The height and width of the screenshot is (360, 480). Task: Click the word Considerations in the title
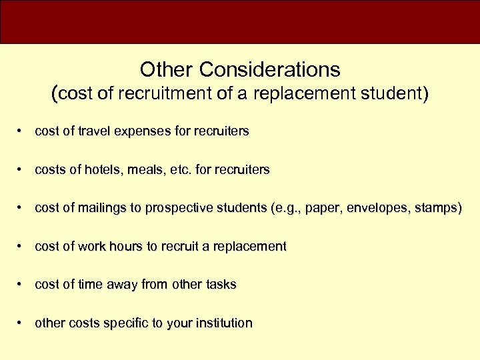269,69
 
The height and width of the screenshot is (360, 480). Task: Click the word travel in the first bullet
94,131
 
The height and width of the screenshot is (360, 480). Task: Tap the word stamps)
437,208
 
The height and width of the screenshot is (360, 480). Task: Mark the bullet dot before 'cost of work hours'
23,247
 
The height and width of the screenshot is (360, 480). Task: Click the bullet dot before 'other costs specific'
23,323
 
